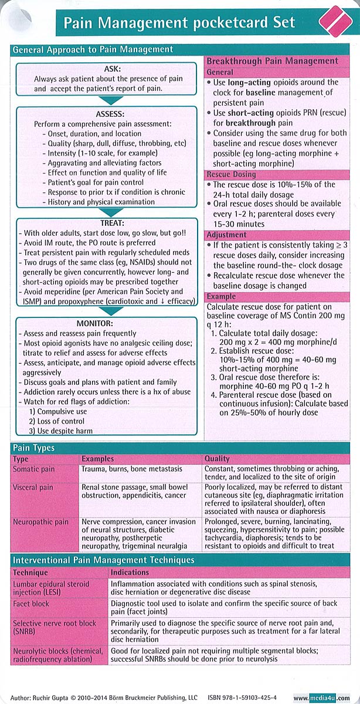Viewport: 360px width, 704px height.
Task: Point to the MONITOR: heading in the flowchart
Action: coord(106,323)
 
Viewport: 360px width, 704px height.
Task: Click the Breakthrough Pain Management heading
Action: coord(272,61)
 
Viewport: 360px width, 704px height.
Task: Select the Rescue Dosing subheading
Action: coord(231,175)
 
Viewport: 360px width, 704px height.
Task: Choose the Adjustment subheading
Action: coord(226,235)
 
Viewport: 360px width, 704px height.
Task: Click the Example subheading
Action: coord(221,297)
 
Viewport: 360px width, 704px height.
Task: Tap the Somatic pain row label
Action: coord(34,469)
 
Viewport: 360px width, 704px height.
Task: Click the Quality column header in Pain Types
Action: coord(217,459)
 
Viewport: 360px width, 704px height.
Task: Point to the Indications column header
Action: coord(130,572)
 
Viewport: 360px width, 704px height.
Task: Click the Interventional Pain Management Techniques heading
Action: coord(104,560)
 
